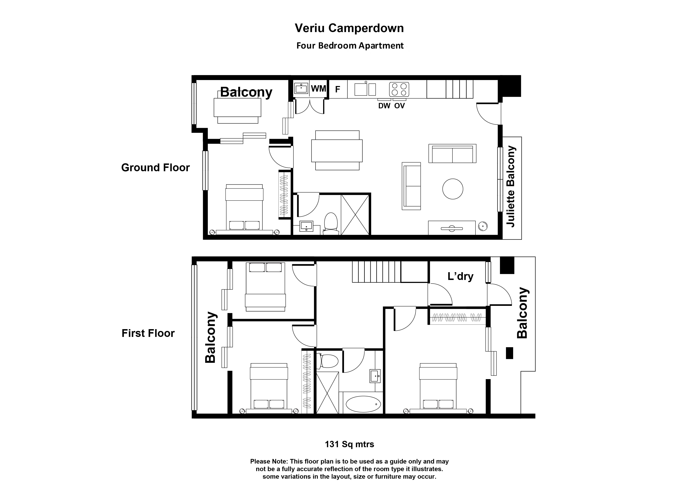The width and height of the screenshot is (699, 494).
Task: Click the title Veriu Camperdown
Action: [349, 28]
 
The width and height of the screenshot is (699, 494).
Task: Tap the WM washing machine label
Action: [319, 89]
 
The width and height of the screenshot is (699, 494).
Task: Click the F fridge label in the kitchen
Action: [337, 89]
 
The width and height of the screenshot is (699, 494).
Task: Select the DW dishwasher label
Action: [384, 106]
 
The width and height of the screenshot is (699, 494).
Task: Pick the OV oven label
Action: [399, 106]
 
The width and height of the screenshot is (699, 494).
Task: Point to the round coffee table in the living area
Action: [453, 189]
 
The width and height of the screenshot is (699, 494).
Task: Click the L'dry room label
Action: [460, 276]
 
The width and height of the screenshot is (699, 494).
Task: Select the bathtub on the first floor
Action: [363, 404]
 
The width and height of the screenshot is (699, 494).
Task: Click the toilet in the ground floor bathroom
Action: [331, 223]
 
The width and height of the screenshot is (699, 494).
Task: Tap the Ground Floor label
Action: [155, 168]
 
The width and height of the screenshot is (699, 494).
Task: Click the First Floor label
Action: [148, 333]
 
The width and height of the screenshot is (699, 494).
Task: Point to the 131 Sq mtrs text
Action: [349, 444]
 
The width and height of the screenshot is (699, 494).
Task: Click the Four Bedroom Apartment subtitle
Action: [350, 46]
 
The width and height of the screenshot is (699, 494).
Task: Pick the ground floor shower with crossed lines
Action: [355, 215]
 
